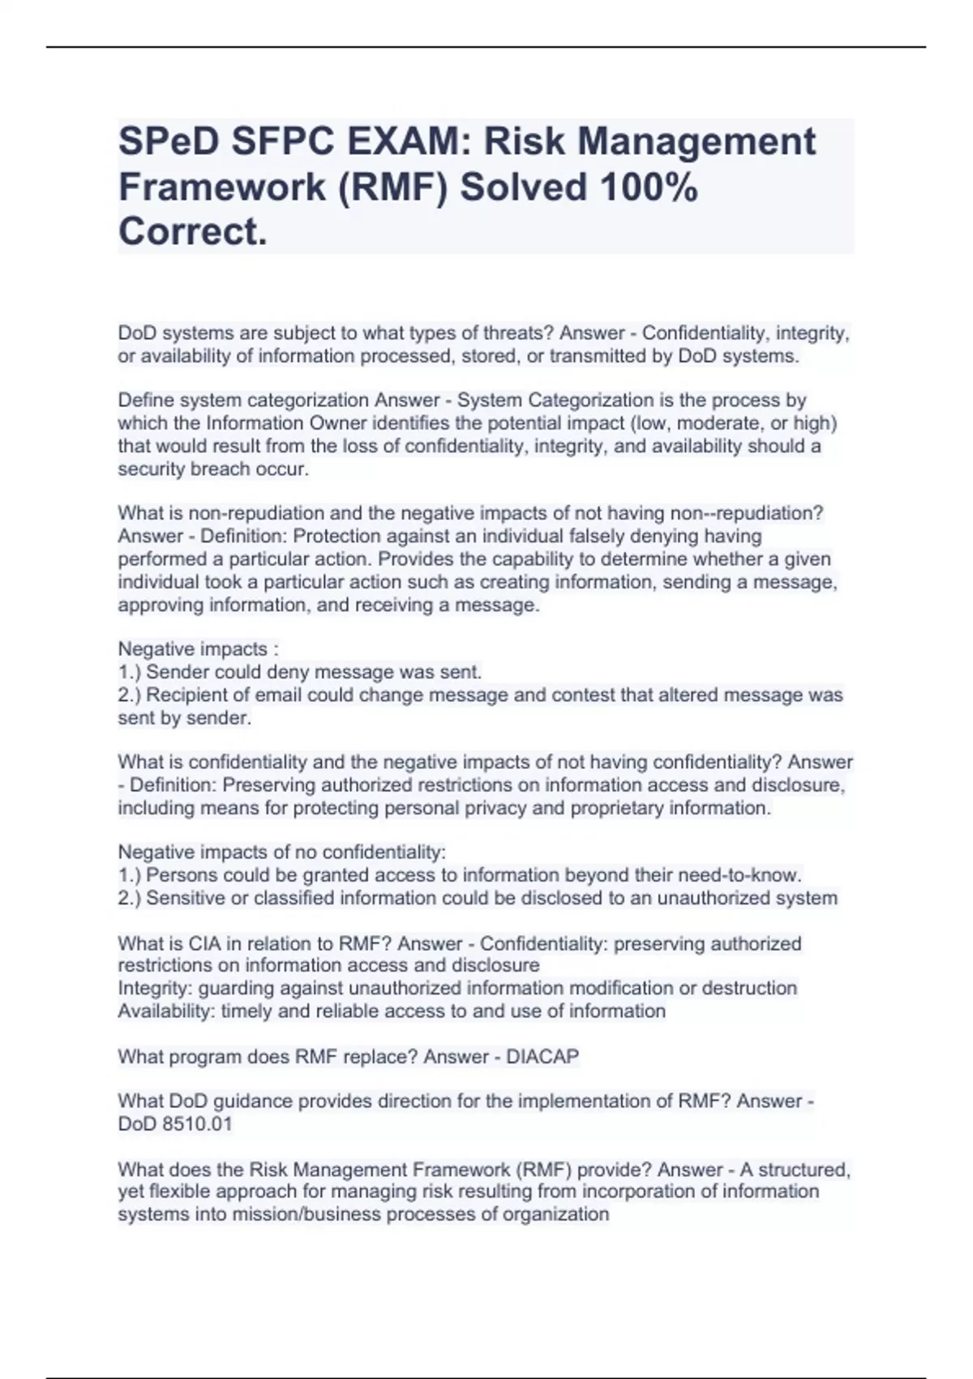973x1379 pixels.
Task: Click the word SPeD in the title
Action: tap(168, 141)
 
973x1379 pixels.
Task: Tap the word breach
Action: tap(224, 469)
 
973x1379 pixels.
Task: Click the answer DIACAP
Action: tap(542, 1056)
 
